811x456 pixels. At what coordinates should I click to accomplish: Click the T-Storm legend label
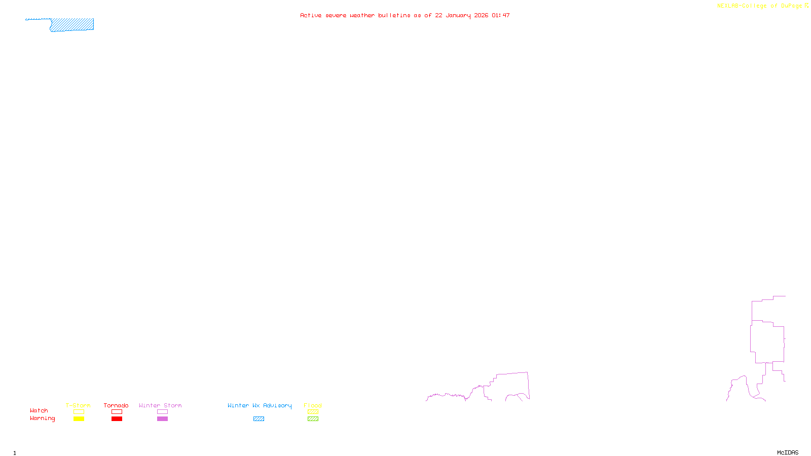point(78,405)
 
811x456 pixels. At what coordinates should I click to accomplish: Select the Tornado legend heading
point(116,405)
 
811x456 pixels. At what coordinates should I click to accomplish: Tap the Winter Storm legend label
point(160,405)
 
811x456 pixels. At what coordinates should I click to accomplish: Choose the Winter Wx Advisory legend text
point(260,405)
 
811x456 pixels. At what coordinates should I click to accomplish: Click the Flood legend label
point(313,405)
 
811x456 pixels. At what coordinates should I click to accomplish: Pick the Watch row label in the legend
point(39,410)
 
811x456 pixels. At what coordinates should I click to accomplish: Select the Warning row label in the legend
point(42,419)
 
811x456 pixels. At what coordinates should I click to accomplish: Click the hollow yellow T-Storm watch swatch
point(79,412)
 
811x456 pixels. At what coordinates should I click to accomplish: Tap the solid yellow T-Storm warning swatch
point(79,419)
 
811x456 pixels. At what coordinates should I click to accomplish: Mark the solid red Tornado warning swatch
point(117,419)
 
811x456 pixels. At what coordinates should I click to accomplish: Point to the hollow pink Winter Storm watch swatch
point(162,412)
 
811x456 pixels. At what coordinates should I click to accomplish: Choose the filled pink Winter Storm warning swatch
point(162,419)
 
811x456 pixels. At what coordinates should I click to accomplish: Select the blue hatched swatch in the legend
point(259,419)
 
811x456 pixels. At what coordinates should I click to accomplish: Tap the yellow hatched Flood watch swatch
point(313,412)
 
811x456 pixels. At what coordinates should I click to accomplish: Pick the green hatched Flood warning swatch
point(313,419)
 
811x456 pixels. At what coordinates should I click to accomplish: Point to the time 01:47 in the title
point(500,15)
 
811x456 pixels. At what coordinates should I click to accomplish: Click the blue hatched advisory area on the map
point(72,24)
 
